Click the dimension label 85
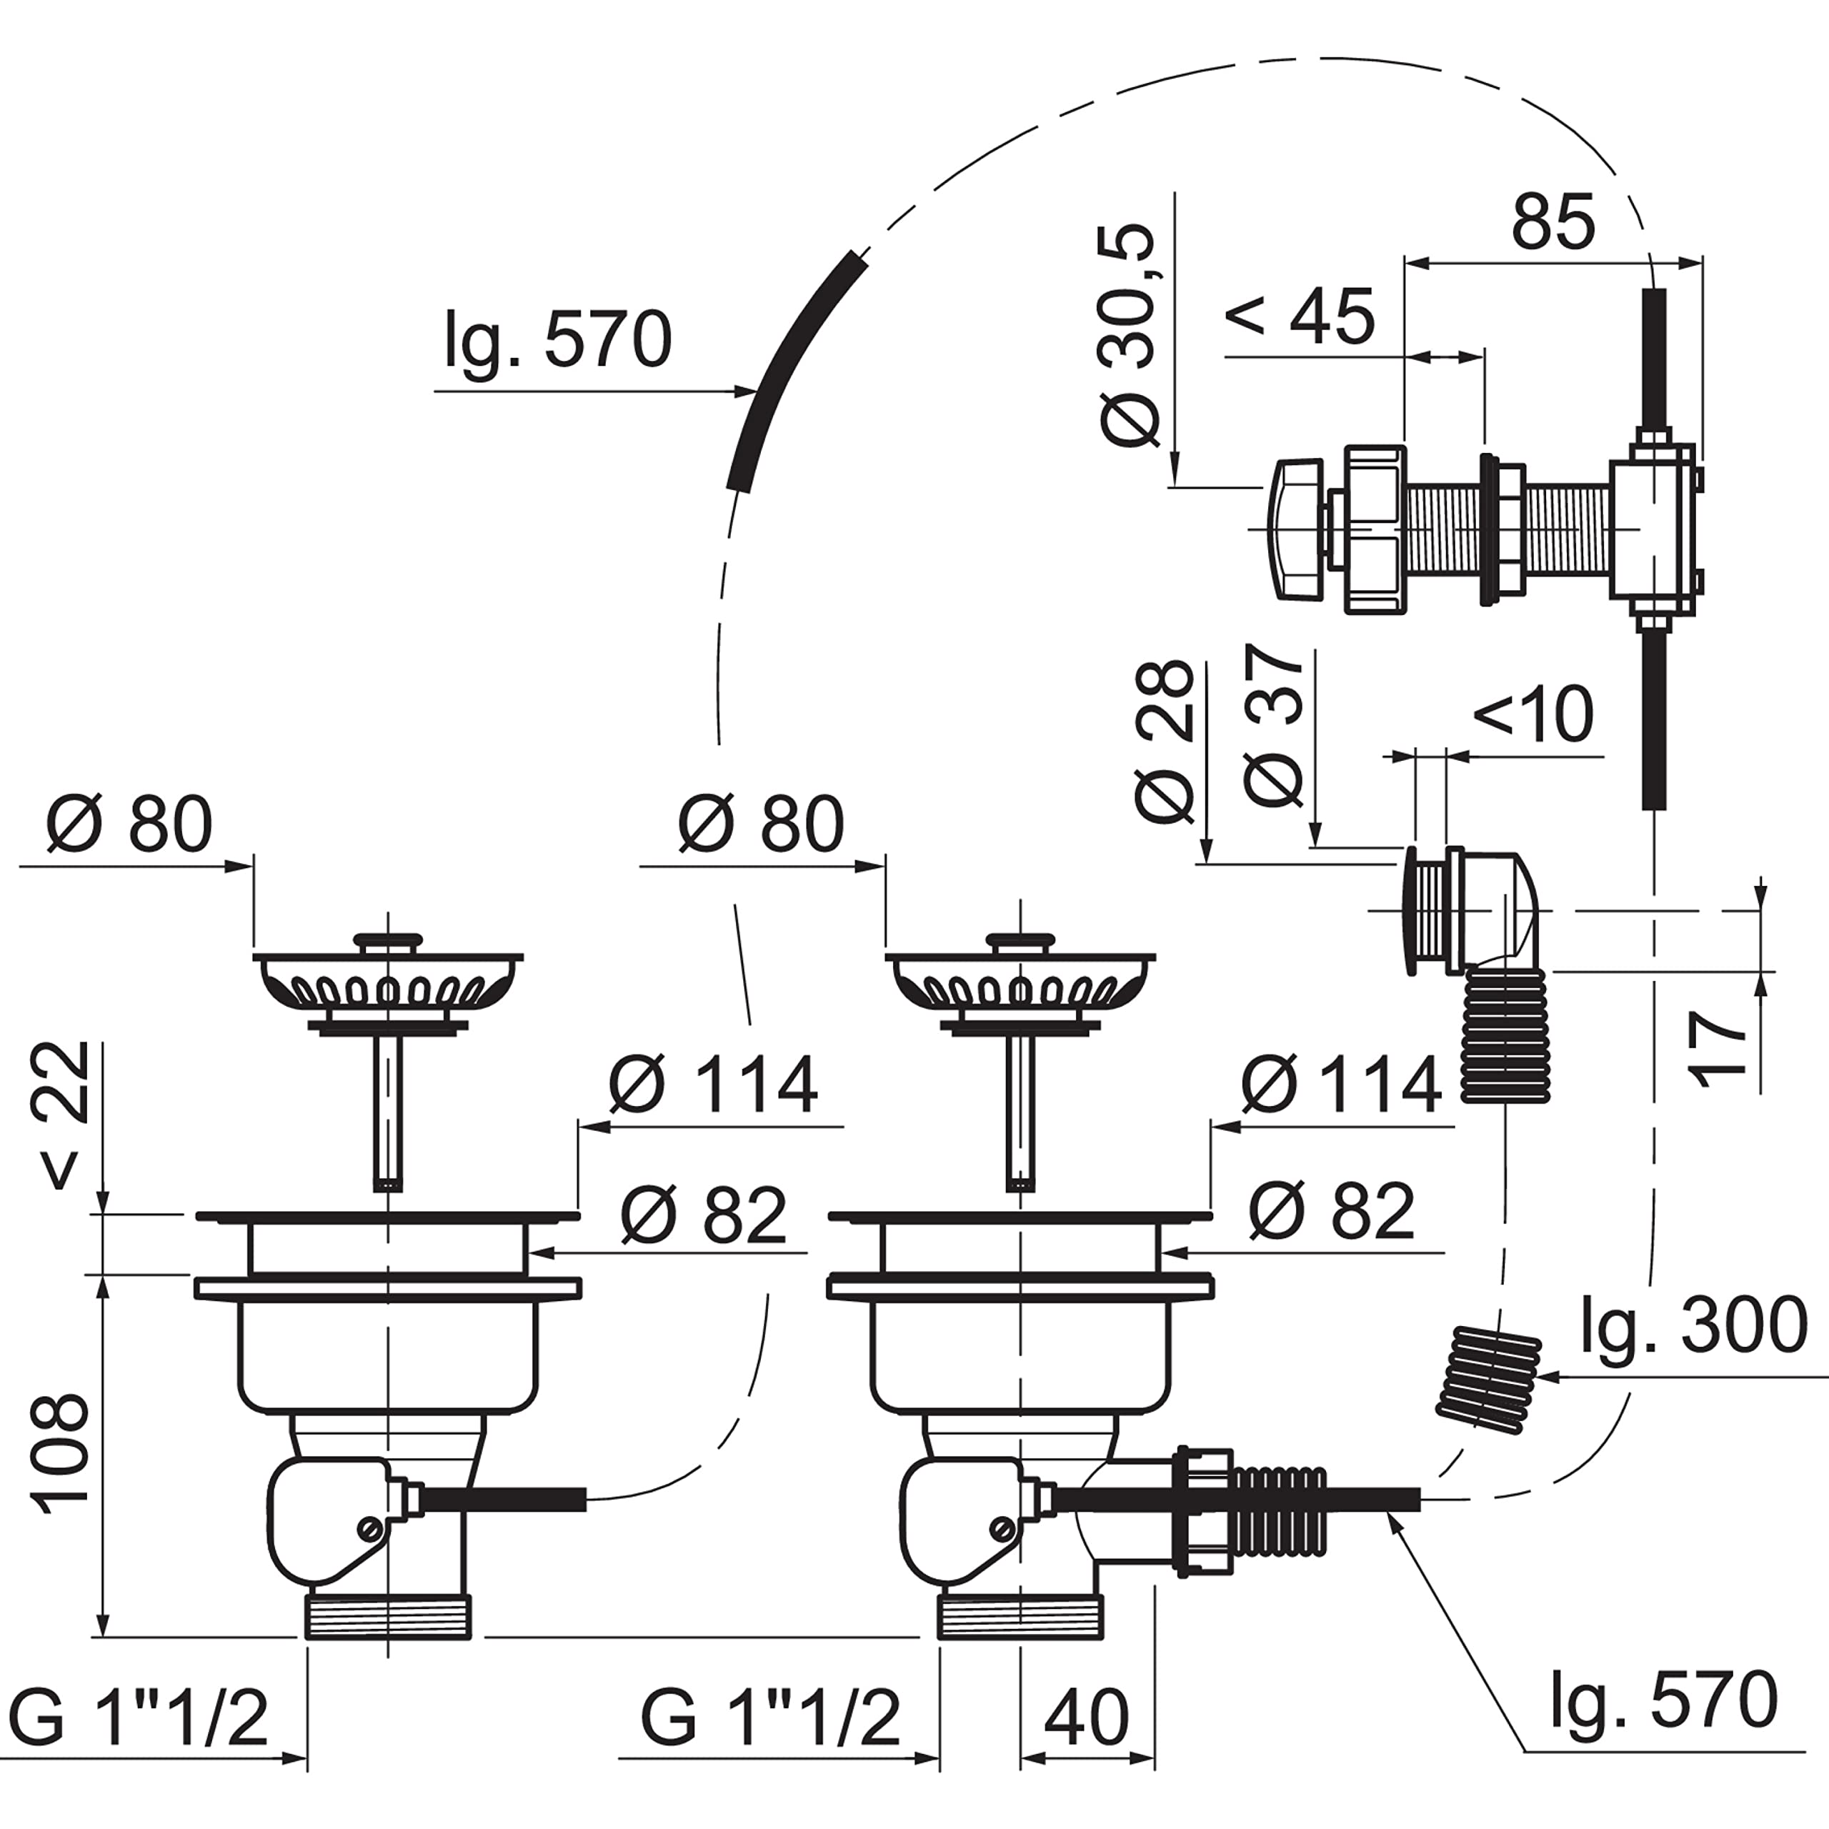[1553, 221]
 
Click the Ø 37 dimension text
[1275, 727]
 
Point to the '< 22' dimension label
[64, 1115]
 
